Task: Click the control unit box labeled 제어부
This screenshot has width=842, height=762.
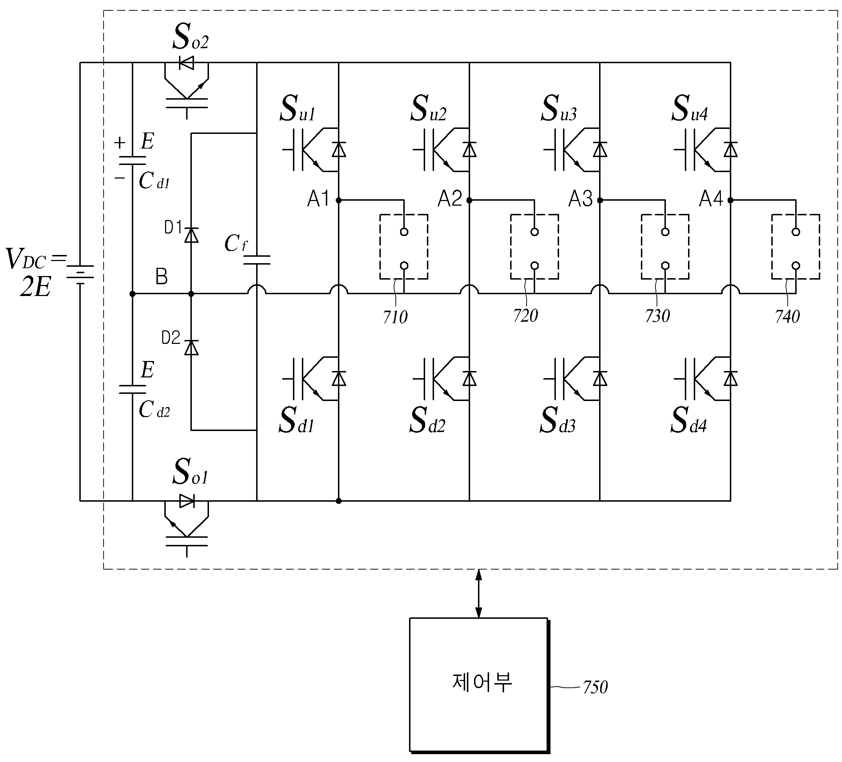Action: pos(479,685)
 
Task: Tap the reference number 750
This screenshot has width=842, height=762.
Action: pos(595,687)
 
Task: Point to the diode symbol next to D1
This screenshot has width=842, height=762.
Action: pos(191,235)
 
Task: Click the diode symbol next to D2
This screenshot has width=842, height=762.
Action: pos(191,347)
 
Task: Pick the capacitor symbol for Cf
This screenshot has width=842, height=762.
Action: pos(257,260)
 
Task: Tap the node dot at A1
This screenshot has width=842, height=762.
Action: pos(339,200)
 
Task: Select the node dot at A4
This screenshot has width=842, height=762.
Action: pos(731,200)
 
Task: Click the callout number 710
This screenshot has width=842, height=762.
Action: pos(395,317)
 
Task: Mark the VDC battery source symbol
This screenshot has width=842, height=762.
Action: pos(80,274)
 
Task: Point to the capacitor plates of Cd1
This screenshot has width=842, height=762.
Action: pos(133,161)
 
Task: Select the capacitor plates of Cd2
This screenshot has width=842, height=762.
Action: pos(133,389)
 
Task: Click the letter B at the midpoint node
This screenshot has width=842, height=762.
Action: pos(161,277)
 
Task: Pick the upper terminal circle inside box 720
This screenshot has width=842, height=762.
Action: pos(535,232)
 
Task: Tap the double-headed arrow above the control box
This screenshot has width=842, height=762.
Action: pos(479,593)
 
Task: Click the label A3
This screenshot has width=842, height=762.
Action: pos(581,199)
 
